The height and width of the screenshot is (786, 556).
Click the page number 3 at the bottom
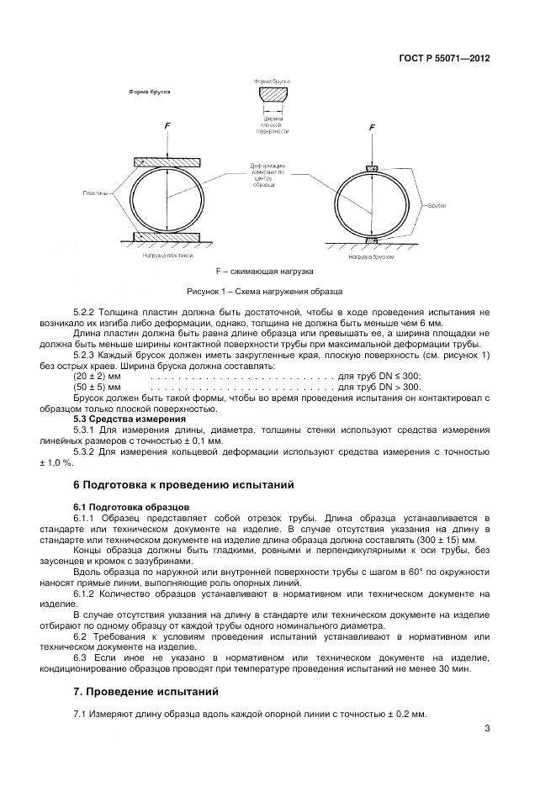(487, 729)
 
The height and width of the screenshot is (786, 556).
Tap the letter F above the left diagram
(167, 126)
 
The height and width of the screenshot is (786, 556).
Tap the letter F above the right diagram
(372, 127)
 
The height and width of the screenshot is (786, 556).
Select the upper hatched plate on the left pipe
(167, 161)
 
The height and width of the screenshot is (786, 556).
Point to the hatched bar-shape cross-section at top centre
(273, 94)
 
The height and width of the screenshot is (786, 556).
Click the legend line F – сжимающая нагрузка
(264, 272)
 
